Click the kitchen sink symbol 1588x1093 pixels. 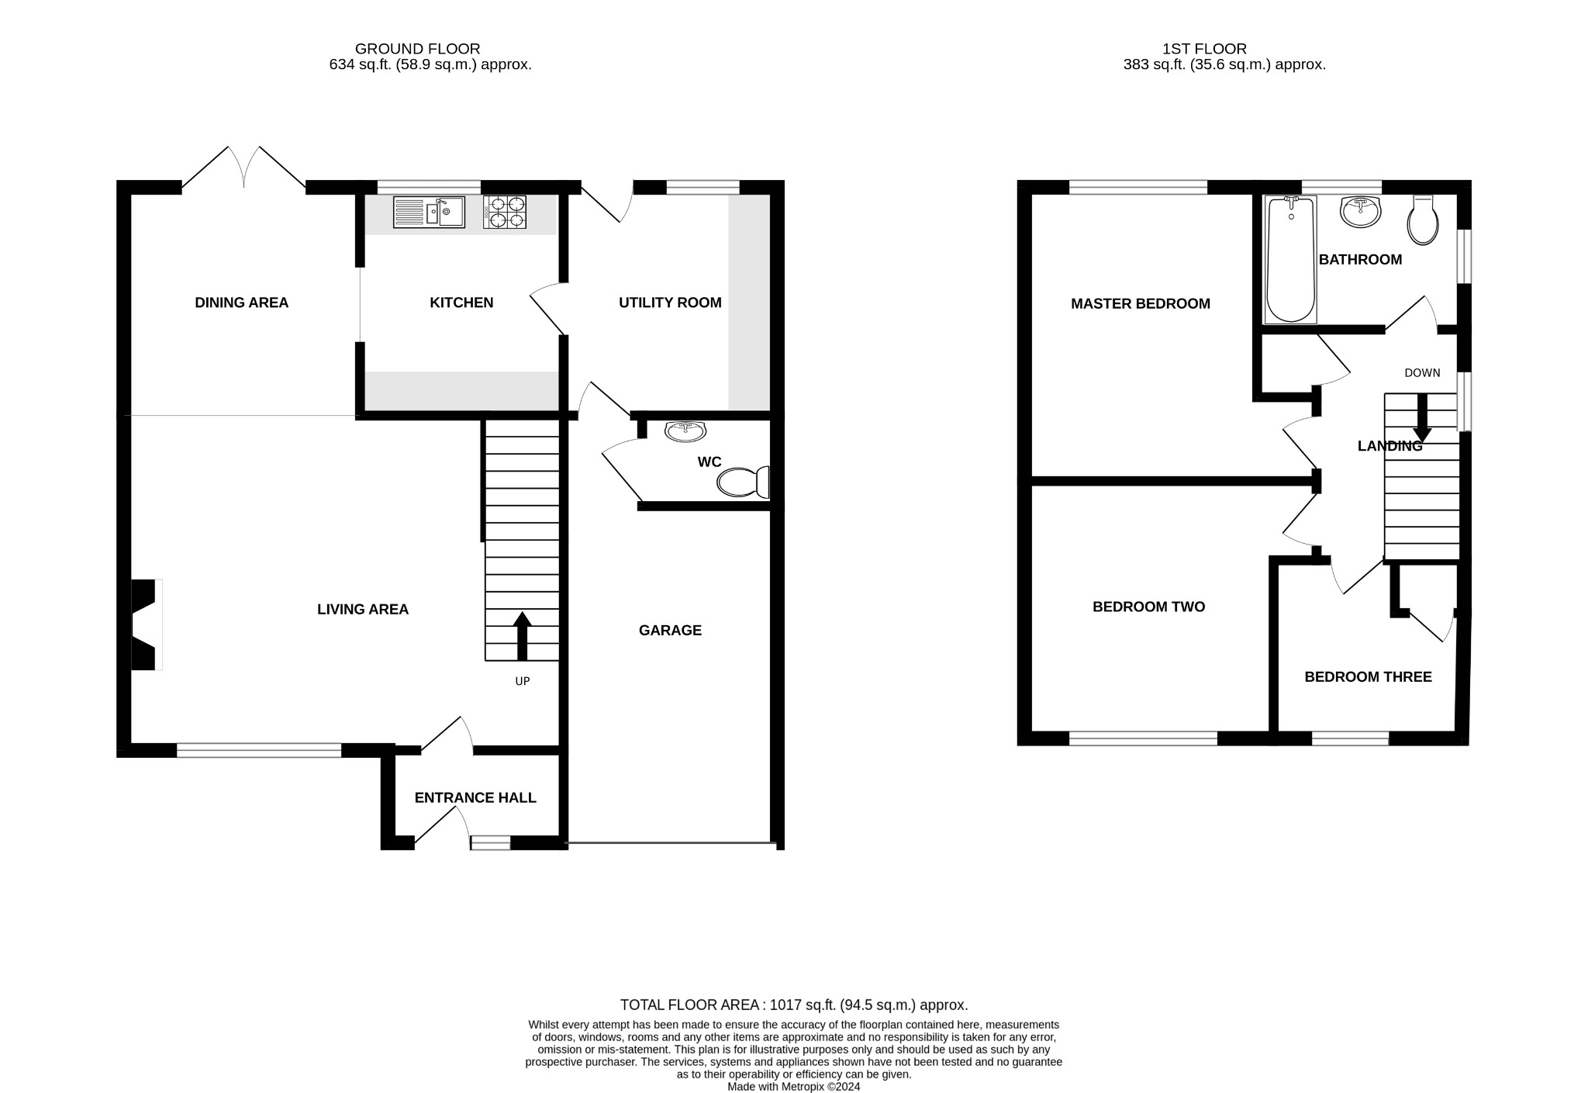429,212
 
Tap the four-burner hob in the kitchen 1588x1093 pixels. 505,212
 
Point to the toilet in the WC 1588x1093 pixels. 742,482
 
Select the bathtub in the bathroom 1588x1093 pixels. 1290,259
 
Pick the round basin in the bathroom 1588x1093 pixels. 1361,211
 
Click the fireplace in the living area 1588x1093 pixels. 146,624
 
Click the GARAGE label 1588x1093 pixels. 670,631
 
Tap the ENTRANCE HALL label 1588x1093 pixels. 475,797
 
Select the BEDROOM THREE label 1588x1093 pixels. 1368,677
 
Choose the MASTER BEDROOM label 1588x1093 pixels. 1140,304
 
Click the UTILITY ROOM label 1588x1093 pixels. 670,303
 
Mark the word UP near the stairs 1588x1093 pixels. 523,681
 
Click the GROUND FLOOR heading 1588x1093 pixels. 417,49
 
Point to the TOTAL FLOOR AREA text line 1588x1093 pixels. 794,1005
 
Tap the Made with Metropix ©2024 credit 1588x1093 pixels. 794,1086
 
